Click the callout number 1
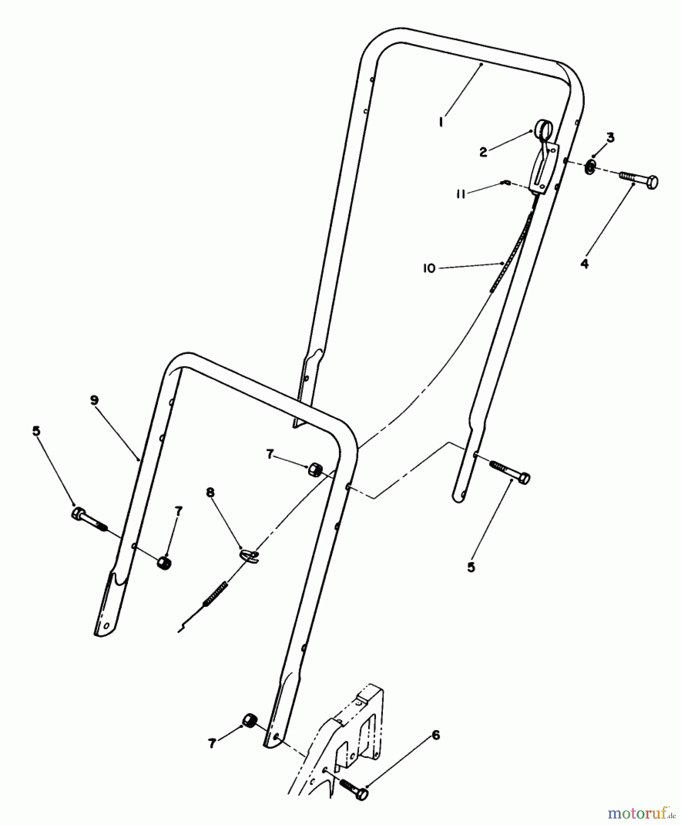tap(441, 122)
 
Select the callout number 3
tap(610, 137)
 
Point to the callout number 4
tap(584, 264)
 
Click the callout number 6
tap(436, 735)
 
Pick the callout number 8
tap(210, 493)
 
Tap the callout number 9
tap(94, 400)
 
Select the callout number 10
tap(429, 269)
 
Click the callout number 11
tap(460, 194)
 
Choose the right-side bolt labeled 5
tap(511, 472)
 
